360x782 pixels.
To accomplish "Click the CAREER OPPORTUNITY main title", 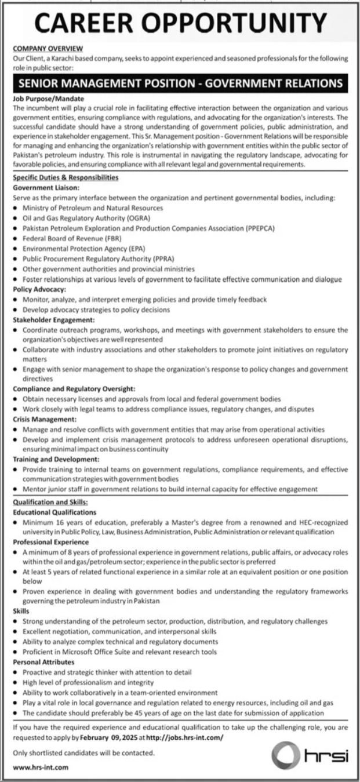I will pos(180,25).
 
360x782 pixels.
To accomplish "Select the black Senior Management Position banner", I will pos(180,83).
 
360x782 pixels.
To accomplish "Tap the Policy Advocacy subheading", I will pos(39,289).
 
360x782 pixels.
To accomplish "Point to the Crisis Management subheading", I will pos(44,419).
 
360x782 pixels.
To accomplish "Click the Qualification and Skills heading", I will pos(50,502).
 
